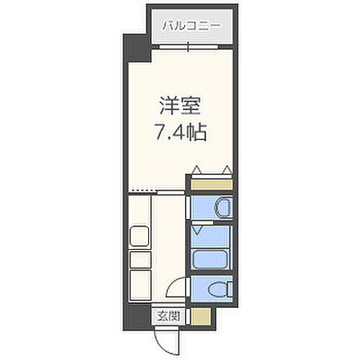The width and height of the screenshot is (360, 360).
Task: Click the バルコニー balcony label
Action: click(190, 26)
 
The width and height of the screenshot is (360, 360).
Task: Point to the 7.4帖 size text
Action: click(180, 132)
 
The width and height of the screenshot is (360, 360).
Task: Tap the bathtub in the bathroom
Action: click(211, 258)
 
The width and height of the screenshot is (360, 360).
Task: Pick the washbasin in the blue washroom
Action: click(222, 207)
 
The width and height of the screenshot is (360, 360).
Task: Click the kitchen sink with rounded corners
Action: click(139, 235)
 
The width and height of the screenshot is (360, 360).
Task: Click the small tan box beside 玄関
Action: click(202, 315)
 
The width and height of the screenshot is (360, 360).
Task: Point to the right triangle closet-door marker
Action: click(227, 171)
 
